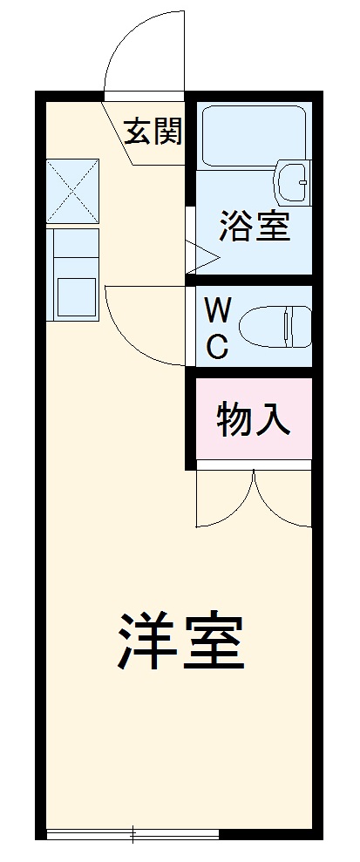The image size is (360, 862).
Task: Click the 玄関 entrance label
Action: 153,132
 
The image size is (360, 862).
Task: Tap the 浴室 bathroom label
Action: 254,227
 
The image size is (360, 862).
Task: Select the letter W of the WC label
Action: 218,310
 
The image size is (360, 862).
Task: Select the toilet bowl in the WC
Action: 275,325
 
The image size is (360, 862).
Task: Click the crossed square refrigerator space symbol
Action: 72,189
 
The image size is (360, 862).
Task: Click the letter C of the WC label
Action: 217,346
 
